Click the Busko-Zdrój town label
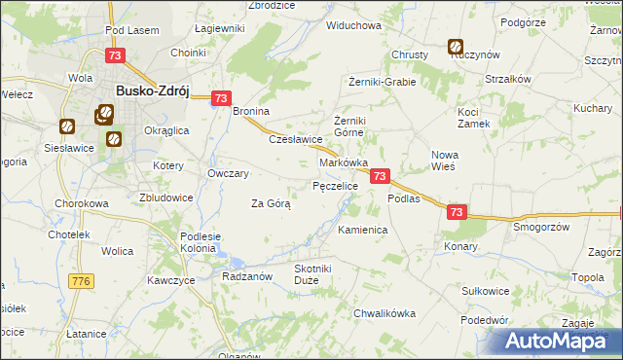(152, 90)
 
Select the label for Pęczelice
(335, 185)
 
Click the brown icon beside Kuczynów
(456, 45)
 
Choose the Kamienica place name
(363, 230)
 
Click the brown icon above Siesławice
(67, 126)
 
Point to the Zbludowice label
(165, 197)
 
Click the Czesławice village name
(296, 138)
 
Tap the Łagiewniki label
(219, 28)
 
